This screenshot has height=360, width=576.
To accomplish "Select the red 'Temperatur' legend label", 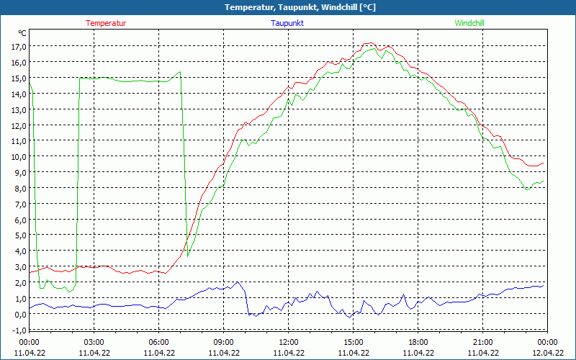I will (106, 23).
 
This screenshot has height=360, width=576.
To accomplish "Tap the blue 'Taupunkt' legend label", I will (287, 23).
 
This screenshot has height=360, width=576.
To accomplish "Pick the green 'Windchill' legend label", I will (469, 23).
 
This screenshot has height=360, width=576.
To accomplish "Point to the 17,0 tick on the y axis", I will (17, 47).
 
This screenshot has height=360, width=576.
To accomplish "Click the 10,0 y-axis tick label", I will (17, 157).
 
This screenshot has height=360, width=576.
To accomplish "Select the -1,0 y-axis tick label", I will (17, 330).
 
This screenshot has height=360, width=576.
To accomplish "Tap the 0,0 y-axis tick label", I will (17, 314).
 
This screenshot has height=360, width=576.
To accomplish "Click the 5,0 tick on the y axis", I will (17, 235).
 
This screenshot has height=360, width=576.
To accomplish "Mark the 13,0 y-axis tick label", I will (17, 109).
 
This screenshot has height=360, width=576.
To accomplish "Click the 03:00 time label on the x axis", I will (94, 342).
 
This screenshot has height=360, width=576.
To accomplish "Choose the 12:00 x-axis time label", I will (288, 342).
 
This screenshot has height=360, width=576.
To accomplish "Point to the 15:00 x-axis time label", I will (353, 342).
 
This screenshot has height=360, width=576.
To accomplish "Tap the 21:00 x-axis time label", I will (482, 342).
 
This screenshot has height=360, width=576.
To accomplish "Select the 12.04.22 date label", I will (547, 353).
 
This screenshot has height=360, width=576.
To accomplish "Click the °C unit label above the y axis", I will (22, 33).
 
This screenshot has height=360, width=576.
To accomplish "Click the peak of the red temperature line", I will (369, 43).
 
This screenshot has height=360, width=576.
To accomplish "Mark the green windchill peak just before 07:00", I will (180, 71).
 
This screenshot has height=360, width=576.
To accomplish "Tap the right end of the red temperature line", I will (544, 163).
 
